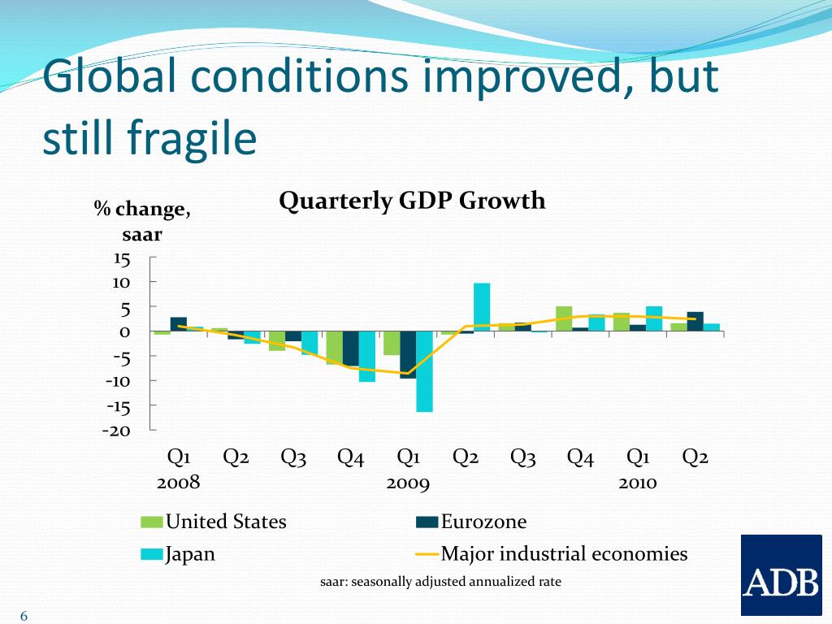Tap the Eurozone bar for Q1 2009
408,355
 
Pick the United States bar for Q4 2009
564,319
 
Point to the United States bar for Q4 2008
334,348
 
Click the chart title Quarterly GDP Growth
412,201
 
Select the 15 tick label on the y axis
122,259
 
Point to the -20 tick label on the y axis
116,431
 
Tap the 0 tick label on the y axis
125,332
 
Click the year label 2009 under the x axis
408,483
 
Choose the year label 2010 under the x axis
637,483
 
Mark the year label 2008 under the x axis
178,483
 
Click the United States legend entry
225,522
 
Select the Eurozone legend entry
483,522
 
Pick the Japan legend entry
190,554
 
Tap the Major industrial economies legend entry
564,554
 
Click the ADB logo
781,575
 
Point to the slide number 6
24,617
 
